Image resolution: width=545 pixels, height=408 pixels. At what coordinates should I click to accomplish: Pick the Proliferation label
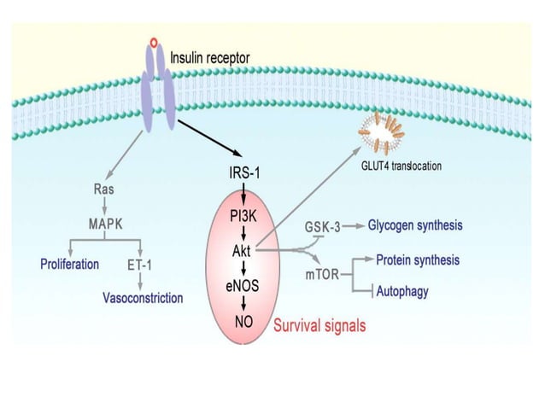coord(70,264)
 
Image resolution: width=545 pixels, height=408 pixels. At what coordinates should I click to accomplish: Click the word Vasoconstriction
coord(143,298)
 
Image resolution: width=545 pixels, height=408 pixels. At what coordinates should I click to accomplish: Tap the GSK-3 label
coord(322,227)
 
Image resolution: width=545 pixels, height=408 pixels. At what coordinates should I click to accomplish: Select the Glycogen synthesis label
coord(416,226)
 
